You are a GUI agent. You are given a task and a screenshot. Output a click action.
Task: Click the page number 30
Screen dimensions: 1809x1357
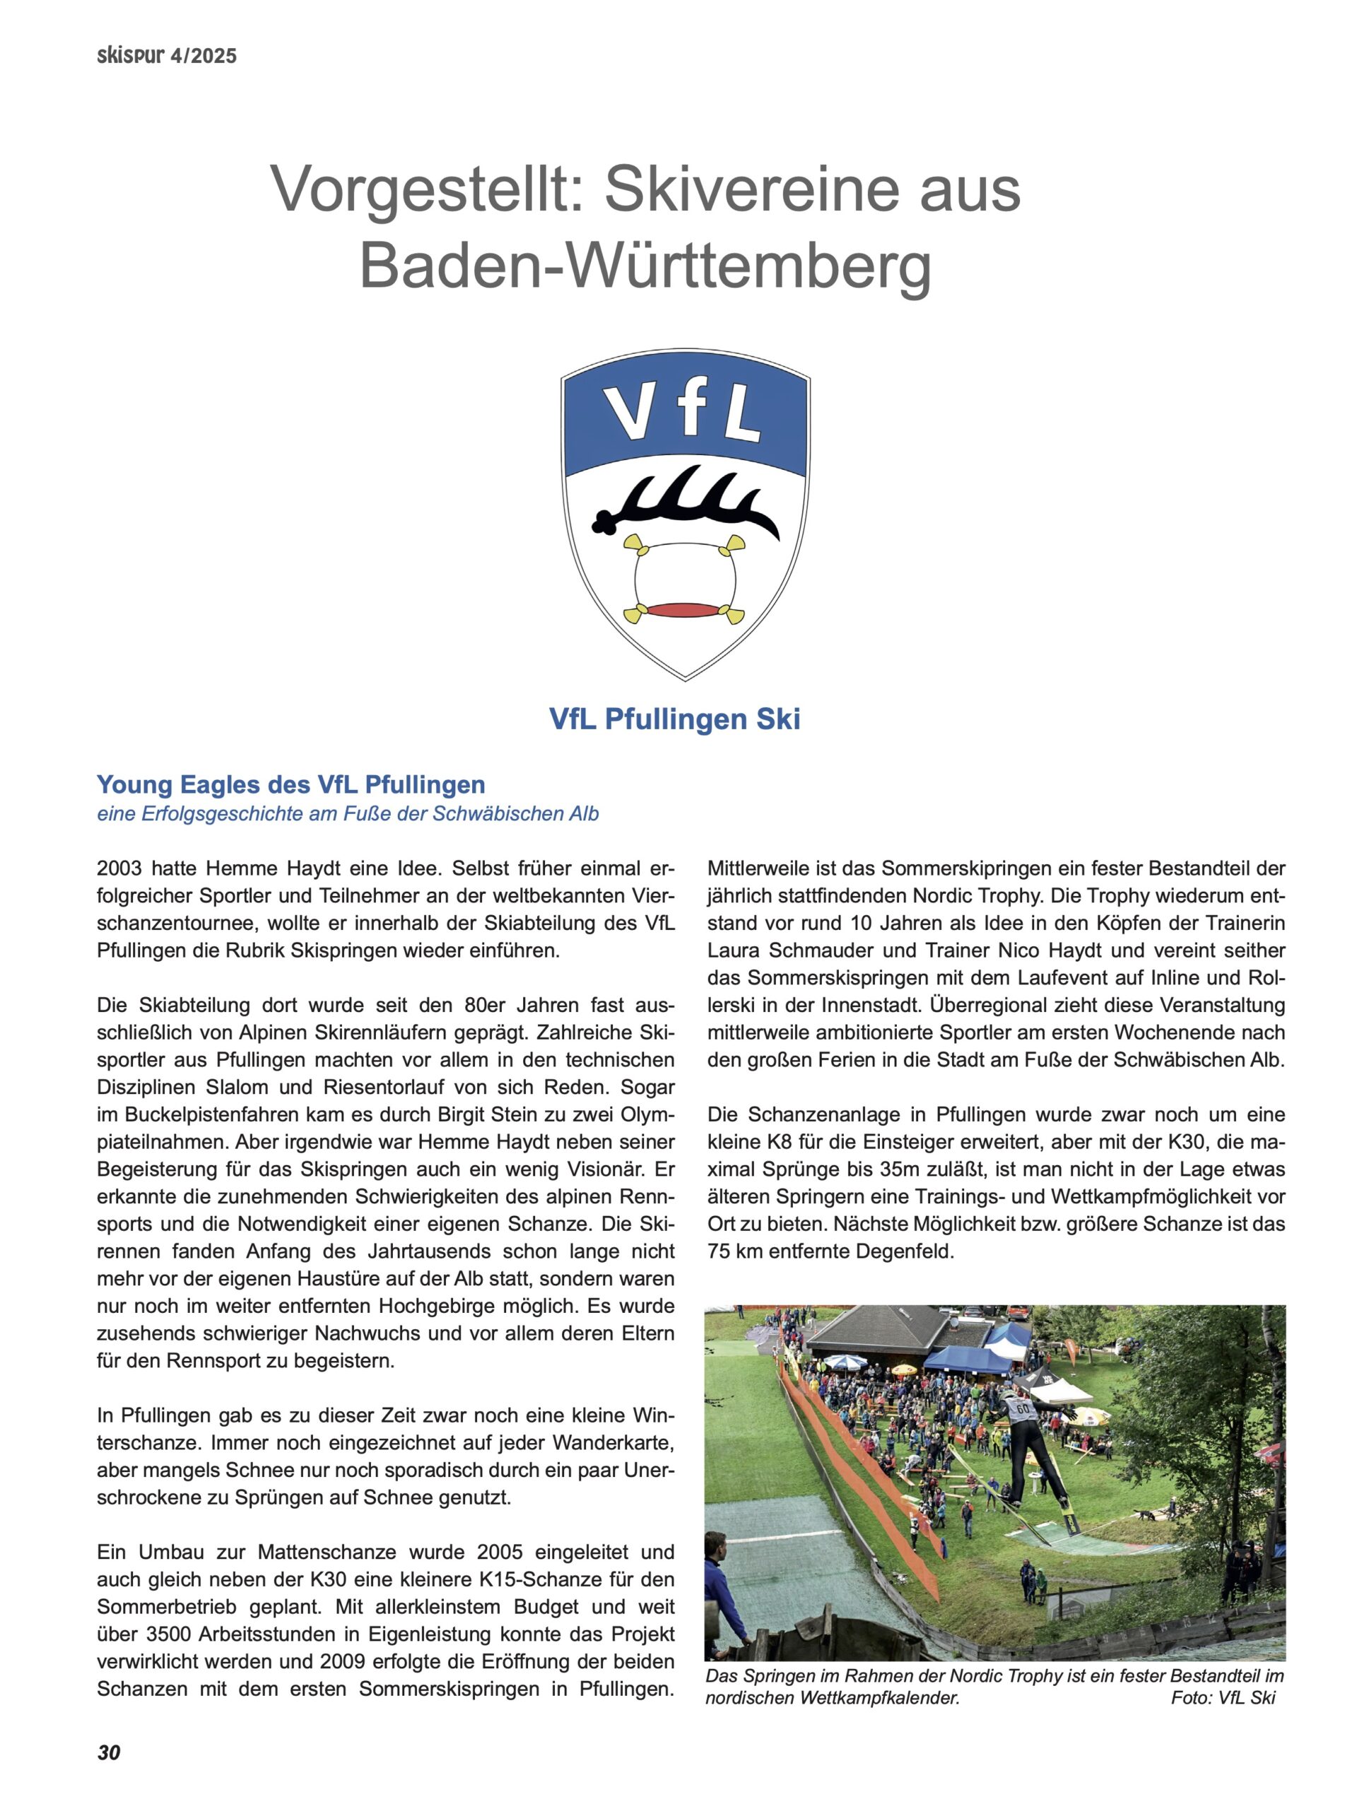click(108, 1750)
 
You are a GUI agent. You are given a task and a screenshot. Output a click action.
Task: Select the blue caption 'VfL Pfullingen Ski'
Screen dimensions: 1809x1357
click(674, 719)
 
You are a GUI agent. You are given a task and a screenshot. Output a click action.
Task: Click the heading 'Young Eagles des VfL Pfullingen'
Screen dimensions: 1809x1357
click(290, 784)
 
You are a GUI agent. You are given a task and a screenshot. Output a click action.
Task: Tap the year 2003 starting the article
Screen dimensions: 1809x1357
click(119, 868)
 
